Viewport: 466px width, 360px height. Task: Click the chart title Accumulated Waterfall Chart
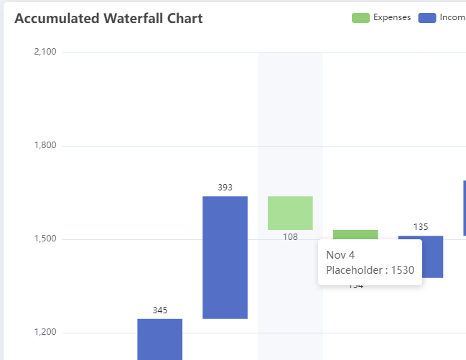click(108, 19)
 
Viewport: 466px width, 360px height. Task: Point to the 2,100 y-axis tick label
click(45, 52)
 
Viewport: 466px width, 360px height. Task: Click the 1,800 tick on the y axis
click(45, 146)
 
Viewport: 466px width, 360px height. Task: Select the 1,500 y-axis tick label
click(45, 239)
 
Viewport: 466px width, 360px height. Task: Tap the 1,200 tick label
click(45, 333)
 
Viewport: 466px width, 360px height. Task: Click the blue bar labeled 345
click(159, 339)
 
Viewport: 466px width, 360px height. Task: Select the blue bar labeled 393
click(225, 257)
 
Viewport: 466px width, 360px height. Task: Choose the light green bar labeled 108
click(290, 213)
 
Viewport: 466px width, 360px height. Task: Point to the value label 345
click(159, 310)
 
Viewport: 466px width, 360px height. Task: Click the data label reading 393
click(225, 188)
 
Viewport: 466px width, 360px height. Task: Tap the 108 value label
click(290, 237)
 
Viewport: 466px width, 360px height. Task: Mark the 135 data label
click(421, 227)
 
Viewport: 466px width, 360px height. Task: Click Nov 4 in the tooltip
click(340, 255)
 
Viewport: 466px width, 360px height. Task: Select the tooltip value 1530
click(402, 270)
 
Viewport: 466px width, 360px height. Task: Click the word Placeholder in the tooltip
click(352, 270)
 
